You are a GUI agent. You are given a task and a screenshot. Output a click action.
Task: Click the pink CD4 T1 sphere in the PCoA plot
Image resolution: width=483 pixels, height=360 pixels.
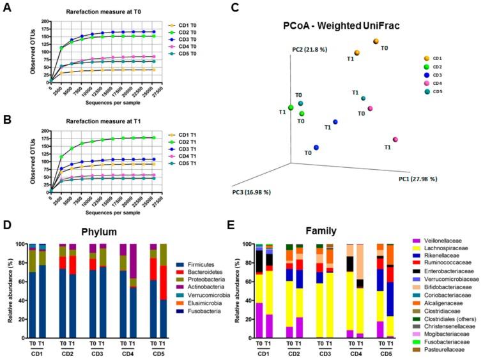tap(395, 140)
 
